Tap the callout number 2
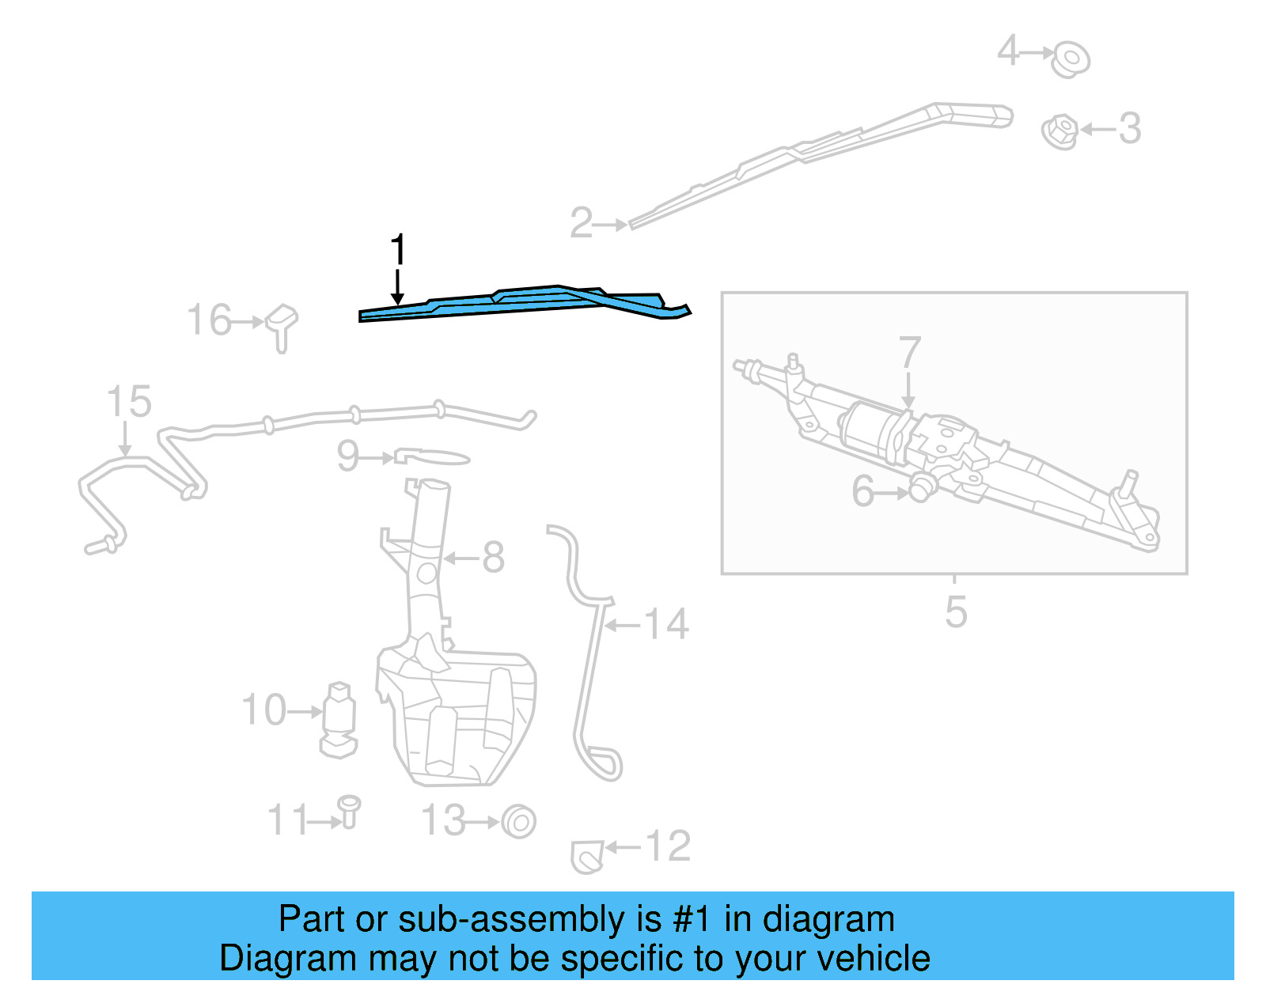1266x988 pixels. [x=582, y=223]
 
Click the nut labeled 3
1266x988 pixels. [x=1060, y=131]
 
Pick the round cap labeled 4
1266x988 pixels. [x=1071, y=58]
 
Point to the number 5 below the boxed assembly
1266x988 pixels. [x=956, y=612]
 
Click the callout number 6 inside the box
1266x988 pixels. [x=862, y=491]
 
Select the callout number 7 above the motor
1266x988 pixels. [x=910, y=353]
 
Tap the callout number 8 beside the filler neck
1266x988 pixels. [x=494, y=558]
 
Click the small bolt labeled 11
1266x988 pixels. [x=349, y=811]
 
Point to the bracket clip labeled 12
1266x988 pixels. [x=586, y=857]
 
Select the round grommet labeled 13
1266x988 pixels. [x=519, y=822]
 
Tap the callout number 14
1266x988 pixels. [x=666, y=625]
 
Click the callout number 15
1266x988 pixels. [x=129, y=402]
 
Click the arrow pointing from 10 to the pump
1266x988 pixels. [x=305, y=712]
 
